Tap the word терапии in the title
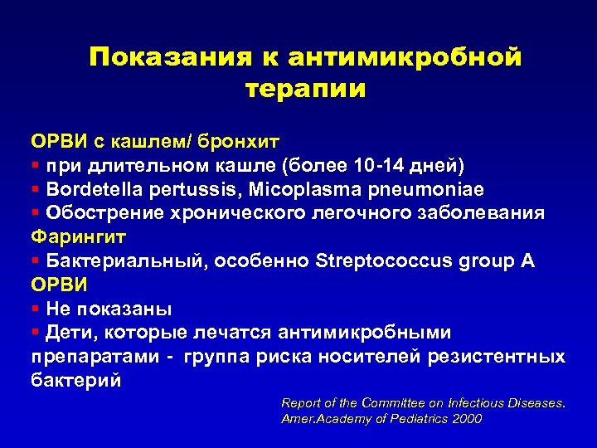(306, 89)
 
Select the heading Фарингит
(79, 236)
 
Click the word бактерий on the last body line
(76, 381)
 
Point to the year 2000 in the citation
(467, 419)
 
